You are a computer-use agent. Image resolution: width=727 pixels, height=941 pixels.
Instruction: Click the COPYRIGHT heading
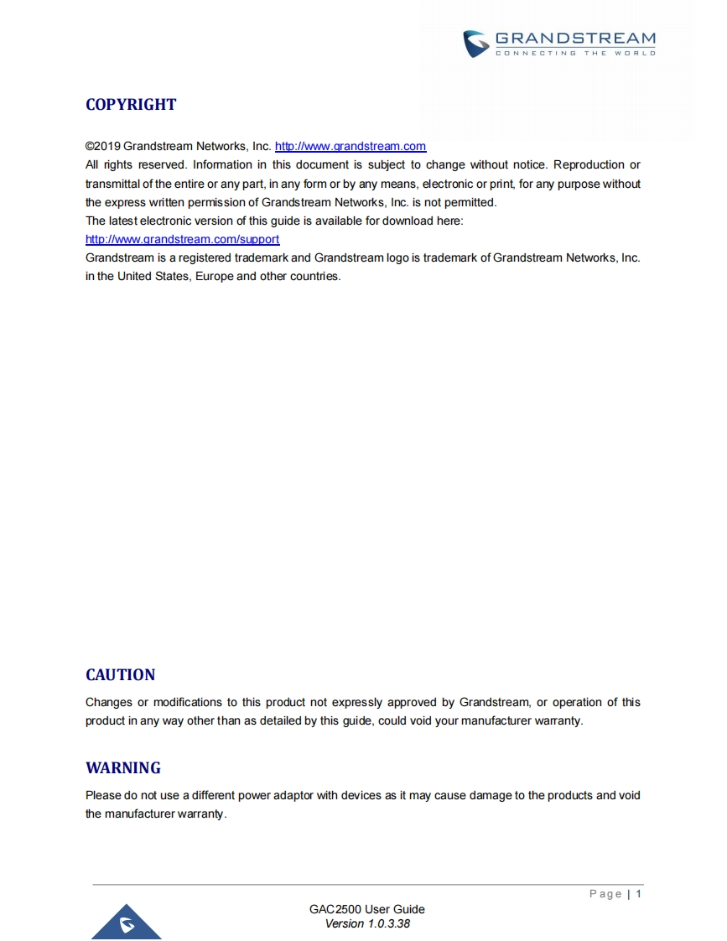tap(131, 105)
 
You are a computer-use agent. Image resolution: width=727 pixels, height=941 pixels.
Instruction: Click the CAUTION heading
tap(121, 675)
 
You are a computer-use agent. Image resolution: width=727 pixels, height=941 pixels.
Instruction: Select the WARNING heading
tap(123, 768)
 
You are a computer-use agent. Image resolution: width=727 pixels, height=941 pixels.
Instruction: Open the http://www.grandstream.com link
tap(351, 146)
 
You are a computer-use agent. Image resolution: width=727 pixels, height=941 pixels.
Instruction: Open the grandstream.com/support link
tap(182, 239)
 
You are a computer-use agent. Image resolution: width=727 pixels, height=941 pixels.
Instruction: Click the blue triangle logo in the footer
tap(127, 923)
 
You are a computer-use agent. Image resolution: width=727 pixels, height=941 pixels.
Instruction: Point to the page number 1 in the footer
tap(639, 894)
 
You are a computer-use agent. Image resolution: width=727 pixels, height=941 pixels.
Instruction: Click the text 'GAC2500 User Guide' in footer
tap(367, 909)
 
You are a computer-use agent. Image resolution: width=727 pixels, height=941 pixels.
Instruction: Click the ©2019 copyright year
tap(103, 146)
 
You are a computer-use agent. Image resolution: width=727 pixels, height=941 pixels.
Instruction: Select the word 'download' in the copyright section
tap(395, 221)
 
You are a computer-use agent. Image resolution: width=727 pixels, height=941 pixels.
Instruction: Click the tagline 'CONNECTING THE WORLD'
tap(575, 53)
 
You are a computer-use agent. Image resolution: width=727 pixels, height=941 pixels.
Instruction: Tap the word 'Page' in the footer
tap(605, 894)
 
